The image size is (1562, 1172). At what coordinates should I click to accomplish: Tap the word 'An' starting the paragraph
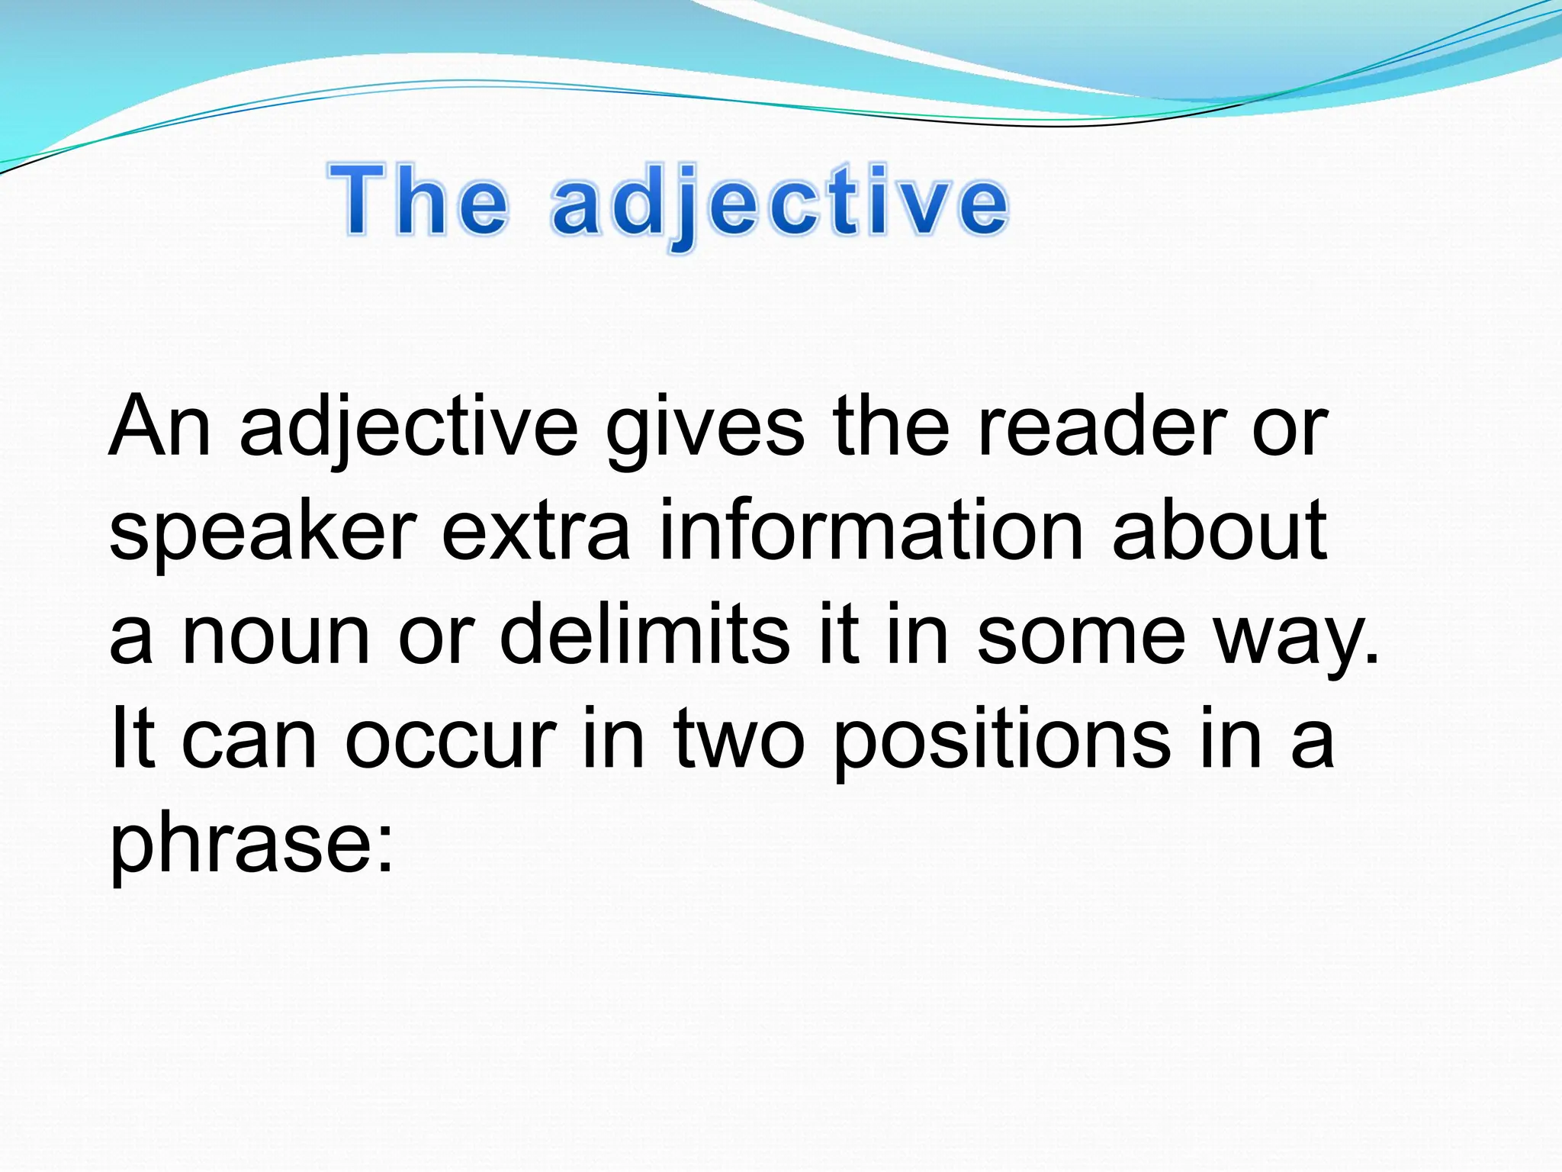[x=159, y=427]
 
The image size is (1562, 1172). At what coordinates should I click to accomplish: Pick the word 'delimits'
[x=644, y=633]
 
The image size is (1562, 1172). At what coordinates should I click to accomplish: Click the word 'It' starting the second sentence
[x=133, y=737]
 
